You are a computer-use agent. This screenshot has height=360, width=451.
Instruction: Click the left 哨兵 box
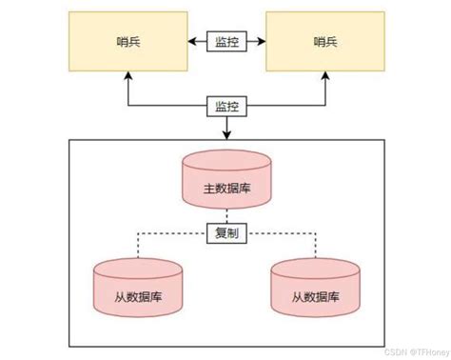coord(127,43)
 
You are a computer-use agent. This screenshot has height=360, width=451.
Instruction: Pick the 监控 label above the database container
coord(226,107)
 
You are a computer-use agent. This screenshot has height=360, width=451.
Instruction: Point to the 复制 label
coord(226,231)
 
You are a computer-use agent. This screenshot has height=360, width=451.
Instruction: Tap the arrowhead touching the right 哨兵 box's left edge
coord(265,42)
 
